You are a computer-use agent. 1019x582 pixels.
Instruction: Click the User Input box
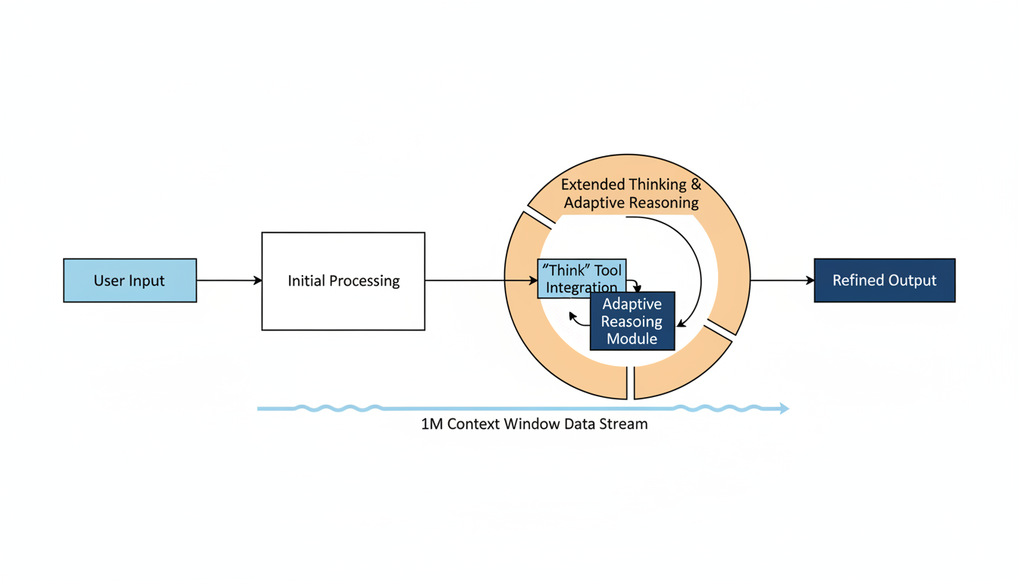coord(130,280)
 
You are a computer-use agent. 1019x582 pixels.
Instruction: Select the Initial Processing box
coord(343,281)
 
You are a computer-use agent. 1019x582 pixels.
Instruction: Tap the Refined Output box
coord(884,280)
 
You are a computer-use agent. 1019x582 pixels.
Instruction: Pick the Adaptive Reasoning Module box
coord(632,321)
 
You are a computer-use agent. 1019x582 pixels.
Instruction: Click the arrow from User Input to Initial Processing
coord(229,280)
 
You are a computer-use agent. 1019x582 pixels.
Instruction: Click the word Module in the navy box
coord(632,339)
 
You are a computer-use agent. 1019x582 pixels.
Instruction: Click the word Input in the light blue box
coord(147,280)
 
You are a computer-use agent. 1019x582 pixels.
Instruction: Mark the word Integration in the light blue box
coord(582,288)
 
